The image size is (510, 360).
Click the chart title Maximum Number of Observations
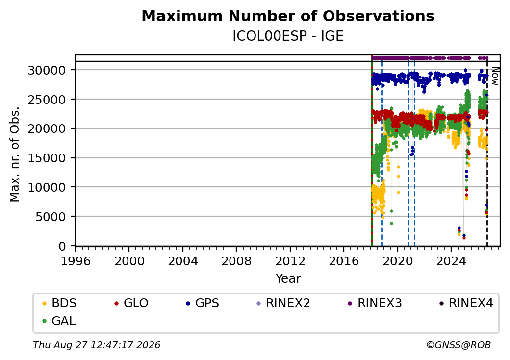(x=288, y=16)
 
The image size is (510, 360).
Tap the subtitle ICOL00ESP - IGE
(x=288, y=36)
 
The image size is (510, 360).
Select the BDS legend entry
(x=59, y=303)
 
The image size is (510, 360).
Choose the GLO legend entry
(x=131, y=303)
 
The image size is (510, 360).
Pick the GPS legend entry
(x=203, y=303)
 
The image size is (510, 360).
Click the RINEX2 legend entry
(x=283, y=303)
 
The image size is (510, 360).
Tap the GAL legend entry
(x=59, y=321)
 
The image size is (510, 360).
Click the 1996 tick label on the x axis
(x=76, y=261)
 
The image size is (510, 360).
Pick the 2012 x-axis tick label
(x=290, y=261)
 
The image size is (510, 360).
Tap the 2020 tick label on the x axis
(x=398, y=261)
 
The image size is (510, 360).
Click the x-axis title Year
(x=288, y=279)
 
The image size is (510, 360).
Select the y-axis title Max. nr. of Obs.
(x=15, y=154)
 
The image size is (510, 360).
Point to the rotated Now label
(x=495, y=76)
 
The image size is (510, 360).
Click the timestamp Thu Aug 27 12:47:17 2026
(x=97, y=345)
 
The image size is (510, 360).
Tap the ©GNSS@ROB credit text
(x=459, y=345)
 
